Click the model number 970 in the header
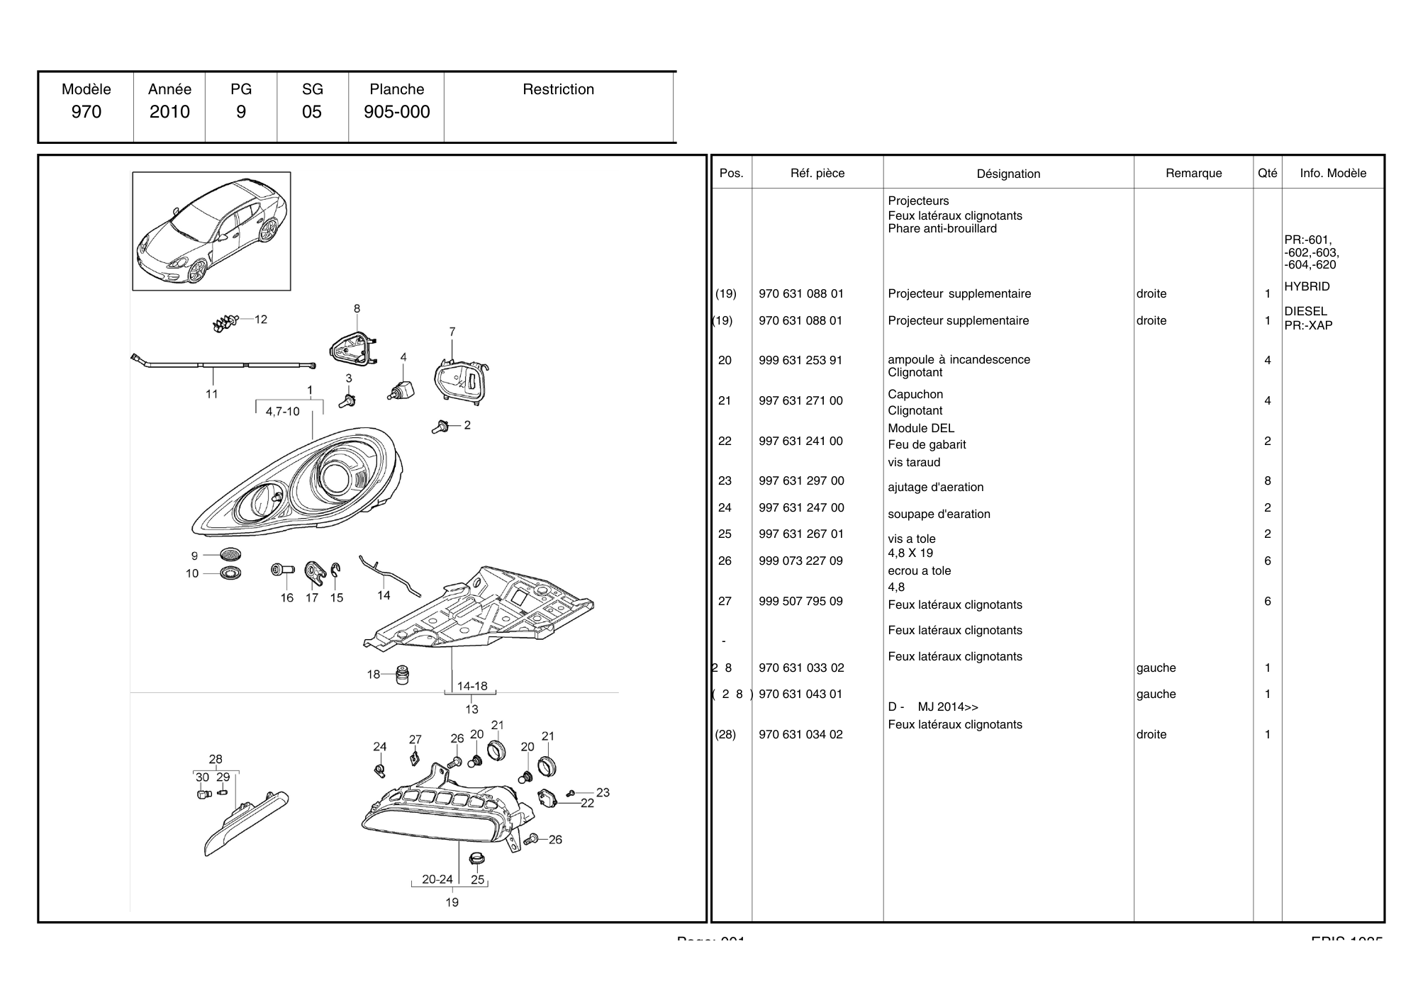click(x=86, y=112)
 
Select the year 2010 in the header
click(x=169, y=112)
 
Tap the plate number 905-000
click(x=396, y=112)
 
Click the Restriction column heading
click(x=558, y=89)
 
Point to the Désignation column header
click(x=1008, y=174)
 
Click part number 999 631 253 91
click(x=800, y=360)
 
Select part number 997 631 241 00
click(x=800, y=441)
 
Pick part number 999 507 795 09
click(x=800, y=601)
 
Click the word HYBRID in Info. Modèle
click(x=1307, y=286)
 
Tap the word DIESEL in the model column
click(x=1305, y=311)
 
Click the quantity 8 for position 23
click(x=1267, y=480)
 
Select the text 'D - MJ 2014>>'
click(x=932, y=707)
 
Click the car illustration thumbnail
click(x=211, y=231)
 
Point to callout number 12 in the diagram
click(x=261, y=320)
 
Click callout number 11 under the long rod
click(x=211, y=394)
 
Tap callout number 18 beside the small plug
click(x=374, y=674)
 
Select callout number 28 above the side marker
click(x=216, y=759)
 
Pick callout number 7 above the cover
click(x=452, y=332)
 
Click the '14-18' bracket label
click(x=471, y=686)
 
